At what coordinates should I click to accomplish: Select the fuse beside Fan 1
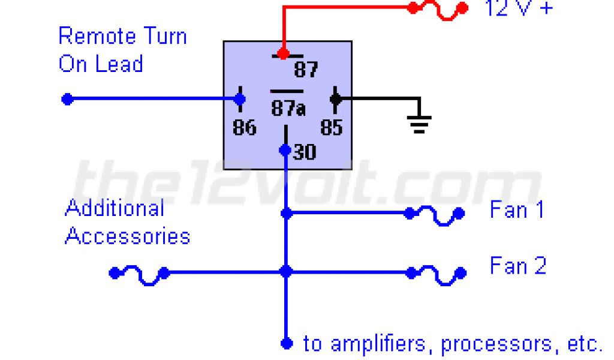tap(435, 215)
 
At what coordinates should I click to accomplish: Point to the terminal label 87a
tap(288, 109)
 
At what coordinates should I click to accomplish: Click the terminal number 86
tap(244, 128)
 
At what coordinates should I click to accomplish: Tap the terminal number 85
tap(331, 128)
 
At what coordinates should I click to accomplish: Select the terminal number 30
tap(305, 152)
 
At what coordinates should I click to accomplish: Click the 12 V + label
tap(519, 8)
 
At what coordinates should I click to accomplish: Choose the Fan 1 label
tap(517, 210)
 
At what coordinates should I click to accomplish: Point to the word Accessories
tap(127, 236)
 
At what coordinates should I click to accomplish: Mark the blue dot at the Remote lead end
tap(67, 99)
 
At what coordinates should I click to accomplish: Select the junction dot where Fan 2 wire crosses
tap(286, 272)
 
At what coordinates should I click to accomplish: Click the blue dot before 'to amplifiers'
tap(287, 343)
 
